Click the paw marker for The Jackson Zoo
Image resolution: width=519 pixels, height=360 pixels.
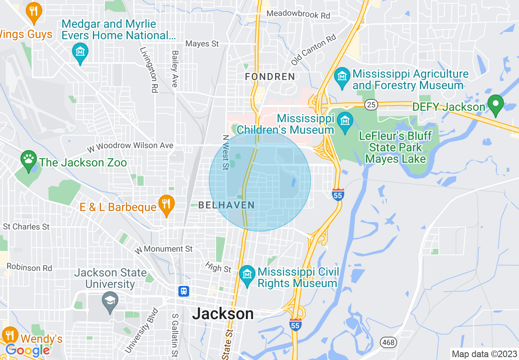(x=28, y=160)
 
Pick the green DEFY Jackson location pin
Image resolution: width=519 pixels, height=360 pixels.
(x=496, y=104)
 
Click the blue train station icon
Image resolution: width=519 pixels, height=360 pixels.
(x=184, y=291)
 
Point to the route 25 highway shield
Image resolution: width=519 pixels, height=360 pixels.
(x=371, y=105)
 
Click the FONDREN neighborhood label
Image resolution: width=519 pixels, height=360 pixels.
(x=270, y=76)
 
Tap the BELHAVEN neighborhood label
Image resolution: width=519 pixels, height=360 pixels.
(x=226, y=205)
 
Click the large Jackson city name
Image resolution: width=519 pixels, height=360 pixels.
(x=223, y=314)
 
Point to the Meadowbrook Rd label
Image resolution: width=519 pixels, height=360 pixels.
(x=298, y=15)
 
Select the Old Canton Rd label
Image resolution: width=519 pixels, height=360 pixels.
(x=314, y=50)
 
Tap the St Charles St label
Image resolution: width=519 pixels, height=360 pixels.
(x=26, y=226)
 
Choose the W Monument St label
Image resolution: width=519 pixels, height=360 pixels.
(x=164, y=249)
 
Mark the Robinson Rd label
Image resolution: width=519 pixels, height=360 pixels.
(x=29, y=268)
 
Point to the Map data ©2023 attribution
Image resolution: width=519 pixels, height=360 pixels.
(x=483, y=354)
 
